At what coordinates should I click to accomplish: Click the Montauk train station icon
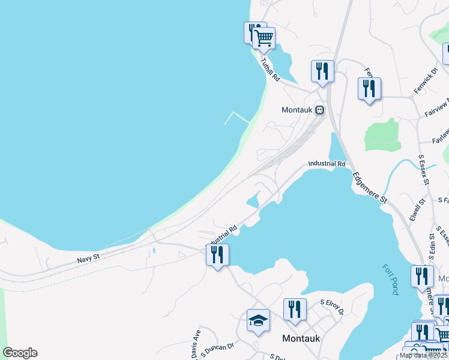point(320,110)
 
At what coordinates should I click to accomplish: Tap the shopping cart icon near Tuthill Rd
point(264,39)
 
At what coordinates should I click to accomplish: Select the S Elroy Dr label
point(331,307)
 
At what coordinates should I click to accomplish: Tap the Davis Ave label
point(196,344)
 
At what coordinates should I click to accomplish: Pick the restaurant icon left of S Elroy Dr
point(295,310)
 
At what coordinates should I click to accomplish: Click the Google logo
point(20,353)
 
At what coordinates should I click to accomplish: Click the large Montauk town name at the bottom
point(301,338)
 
